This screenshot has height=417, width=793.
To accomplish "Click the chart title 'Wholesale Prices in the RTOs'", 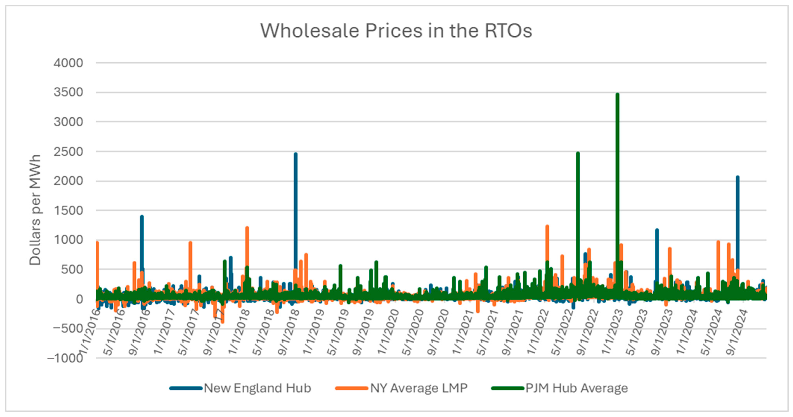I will pos(396,31).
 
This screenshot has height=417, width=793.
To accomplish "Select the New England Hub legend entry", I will pos(257,388).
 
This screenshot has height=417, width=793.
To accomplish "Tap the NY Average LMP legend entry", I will pos(419,388).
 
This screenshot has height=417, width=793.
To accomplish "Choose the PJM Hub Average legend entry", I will pos(576,388).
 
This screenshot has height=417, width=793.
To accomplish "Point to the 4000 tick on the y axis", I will pos(68,63).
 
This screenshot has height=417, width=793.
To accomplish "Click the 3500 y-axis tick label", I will pos(68,92).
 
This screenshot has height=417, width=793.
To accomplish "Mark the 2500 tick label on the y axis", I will pos(68,152).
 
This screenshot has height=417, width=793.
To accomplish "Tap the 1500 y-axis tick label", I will pos(68,211).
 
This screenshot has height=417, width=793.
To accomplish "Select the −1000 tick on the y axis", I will pos(65,358).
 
